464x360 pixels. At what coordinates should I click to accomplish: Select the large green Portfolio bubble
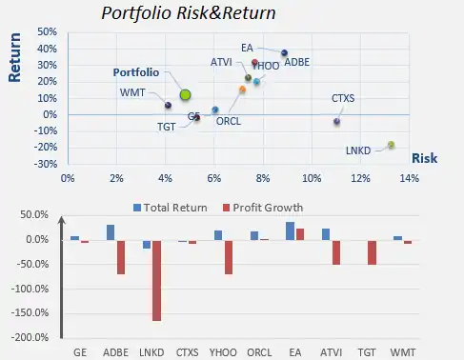pos(186,94)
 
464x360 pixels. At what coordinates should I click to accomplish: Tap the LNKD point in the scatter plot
pos(391,145)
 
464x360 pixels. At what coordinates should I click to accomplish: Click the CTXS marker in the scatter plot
pos(336,121)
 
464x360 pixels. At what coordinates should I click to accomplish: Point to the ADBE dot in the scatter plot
pos(284,53)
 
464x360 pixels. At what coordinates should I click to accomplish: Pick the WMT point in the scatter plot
pos(168,105)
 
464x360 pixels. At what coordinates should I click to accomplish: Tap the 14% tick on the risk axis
pos(409,177)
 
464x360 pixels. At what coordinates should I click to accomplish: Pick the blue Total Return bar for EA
pos(290,230)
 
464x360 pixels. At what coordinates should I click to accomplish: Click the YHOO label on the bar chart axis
pos(224,350)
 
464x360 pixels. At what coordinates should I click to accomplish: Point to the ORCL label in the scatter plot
pos(229,121)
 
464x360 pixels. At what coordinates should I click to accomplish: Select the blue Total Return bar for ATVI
pos(326,233)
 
